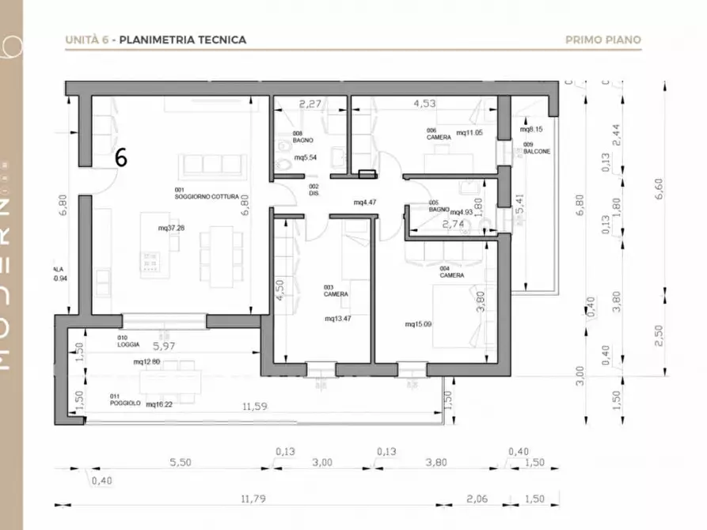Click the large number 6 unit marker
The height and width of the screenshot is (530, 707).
120,157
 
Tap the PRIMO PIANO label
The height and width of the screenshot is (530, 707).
603,40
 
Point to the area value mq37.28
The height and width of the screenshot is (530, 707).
172,228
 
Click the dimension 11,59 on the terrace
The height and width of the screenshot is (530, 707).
255,407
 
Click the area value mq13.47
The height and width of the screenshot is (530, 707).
338,319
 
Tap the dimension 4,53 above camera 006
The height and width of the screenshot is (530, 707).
425,103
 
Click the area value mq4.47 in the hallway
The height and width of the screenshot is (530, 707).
365,203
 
